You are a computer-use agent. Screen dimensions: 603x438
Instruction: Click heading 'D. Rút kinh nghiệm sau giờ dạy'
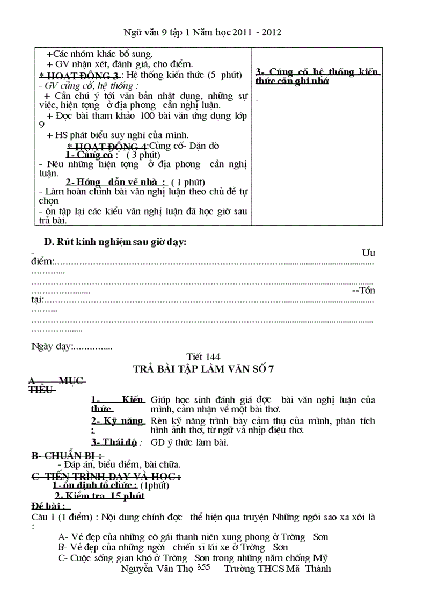[x=115, y=242]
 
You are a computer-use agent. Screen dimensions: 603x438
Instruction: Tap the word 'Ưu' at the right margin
[x=368, y=252]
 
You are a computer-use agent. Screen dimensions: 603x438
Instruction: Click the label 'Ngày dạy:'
[x=52, y=346]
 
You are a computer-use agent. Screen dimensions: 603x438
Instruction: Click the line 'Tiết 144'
[x=203, y=357]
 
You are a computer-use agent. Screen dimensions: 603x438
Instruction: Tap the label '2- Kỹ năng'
[x=117, y=420]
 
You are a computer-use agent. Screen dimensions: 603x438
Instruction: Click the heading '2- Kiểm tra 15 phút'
[x=99, y=496]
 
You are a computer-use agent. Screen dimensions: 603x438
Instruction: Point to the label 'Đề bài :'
[x=48, y=506]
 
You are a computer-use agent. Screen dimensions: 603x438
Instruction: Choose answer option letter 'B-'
[x=62, y=547]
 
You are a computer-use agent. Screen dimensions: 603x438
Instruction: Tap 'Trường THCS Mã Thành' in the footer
[x=277, y=569]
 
